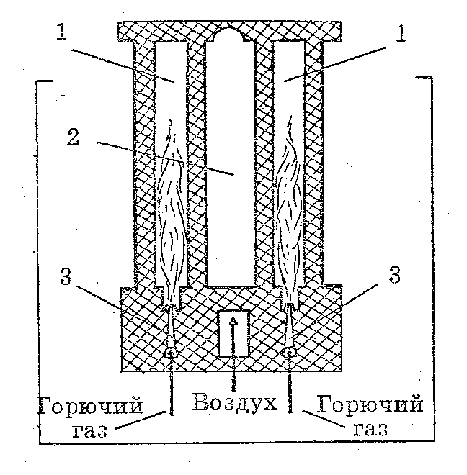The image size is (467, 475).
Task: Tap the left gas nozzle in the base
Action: point(171,331)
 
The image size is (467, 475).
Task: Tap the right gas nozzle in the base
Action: point(290,331)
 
